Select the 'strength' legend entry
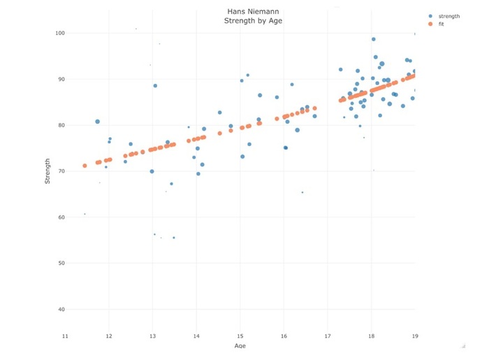448,15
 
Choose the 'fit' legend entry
440,24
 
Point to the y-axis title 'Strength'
48,171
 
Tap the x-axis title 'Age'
240,345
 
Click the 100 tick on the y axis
59,34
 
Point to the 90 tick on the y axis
61,80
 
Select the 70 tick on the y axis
61,171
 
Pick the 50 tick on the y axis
61,264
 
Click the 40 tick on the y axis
61,310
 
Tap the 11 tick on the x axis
65,336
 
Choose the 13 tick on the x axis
152,336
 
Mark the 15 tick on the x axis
240,336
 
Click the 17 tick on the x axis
328,336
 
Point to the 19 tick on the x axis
414,336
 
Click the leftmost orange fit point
85,166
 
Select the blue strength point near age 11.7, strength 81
98,122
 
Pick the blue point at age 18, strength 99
373,39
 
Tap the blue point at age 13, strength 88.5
155,86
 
